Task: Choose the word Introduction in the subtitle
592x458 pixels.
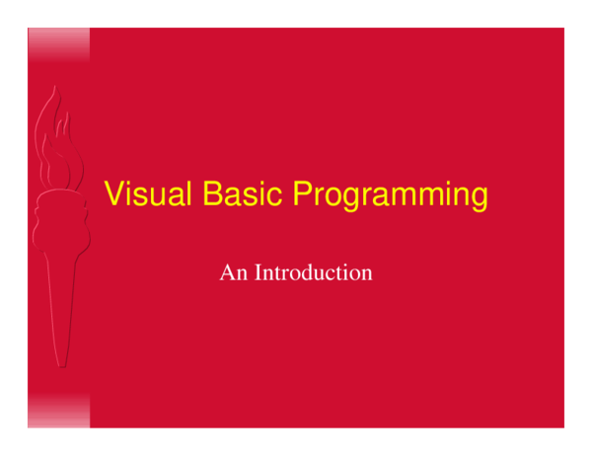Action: click(314, 272)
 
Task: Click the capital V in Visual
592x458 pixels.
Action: click(113, 194)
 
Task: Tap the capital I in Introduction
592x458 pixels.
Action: click(259, 272)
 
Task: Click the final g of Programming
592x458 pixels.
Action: click(479, 198)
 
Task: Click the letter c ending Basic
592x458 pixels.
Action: click(277, 196)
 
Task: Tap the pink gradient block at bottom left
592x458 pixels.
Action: click(58, 411)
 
